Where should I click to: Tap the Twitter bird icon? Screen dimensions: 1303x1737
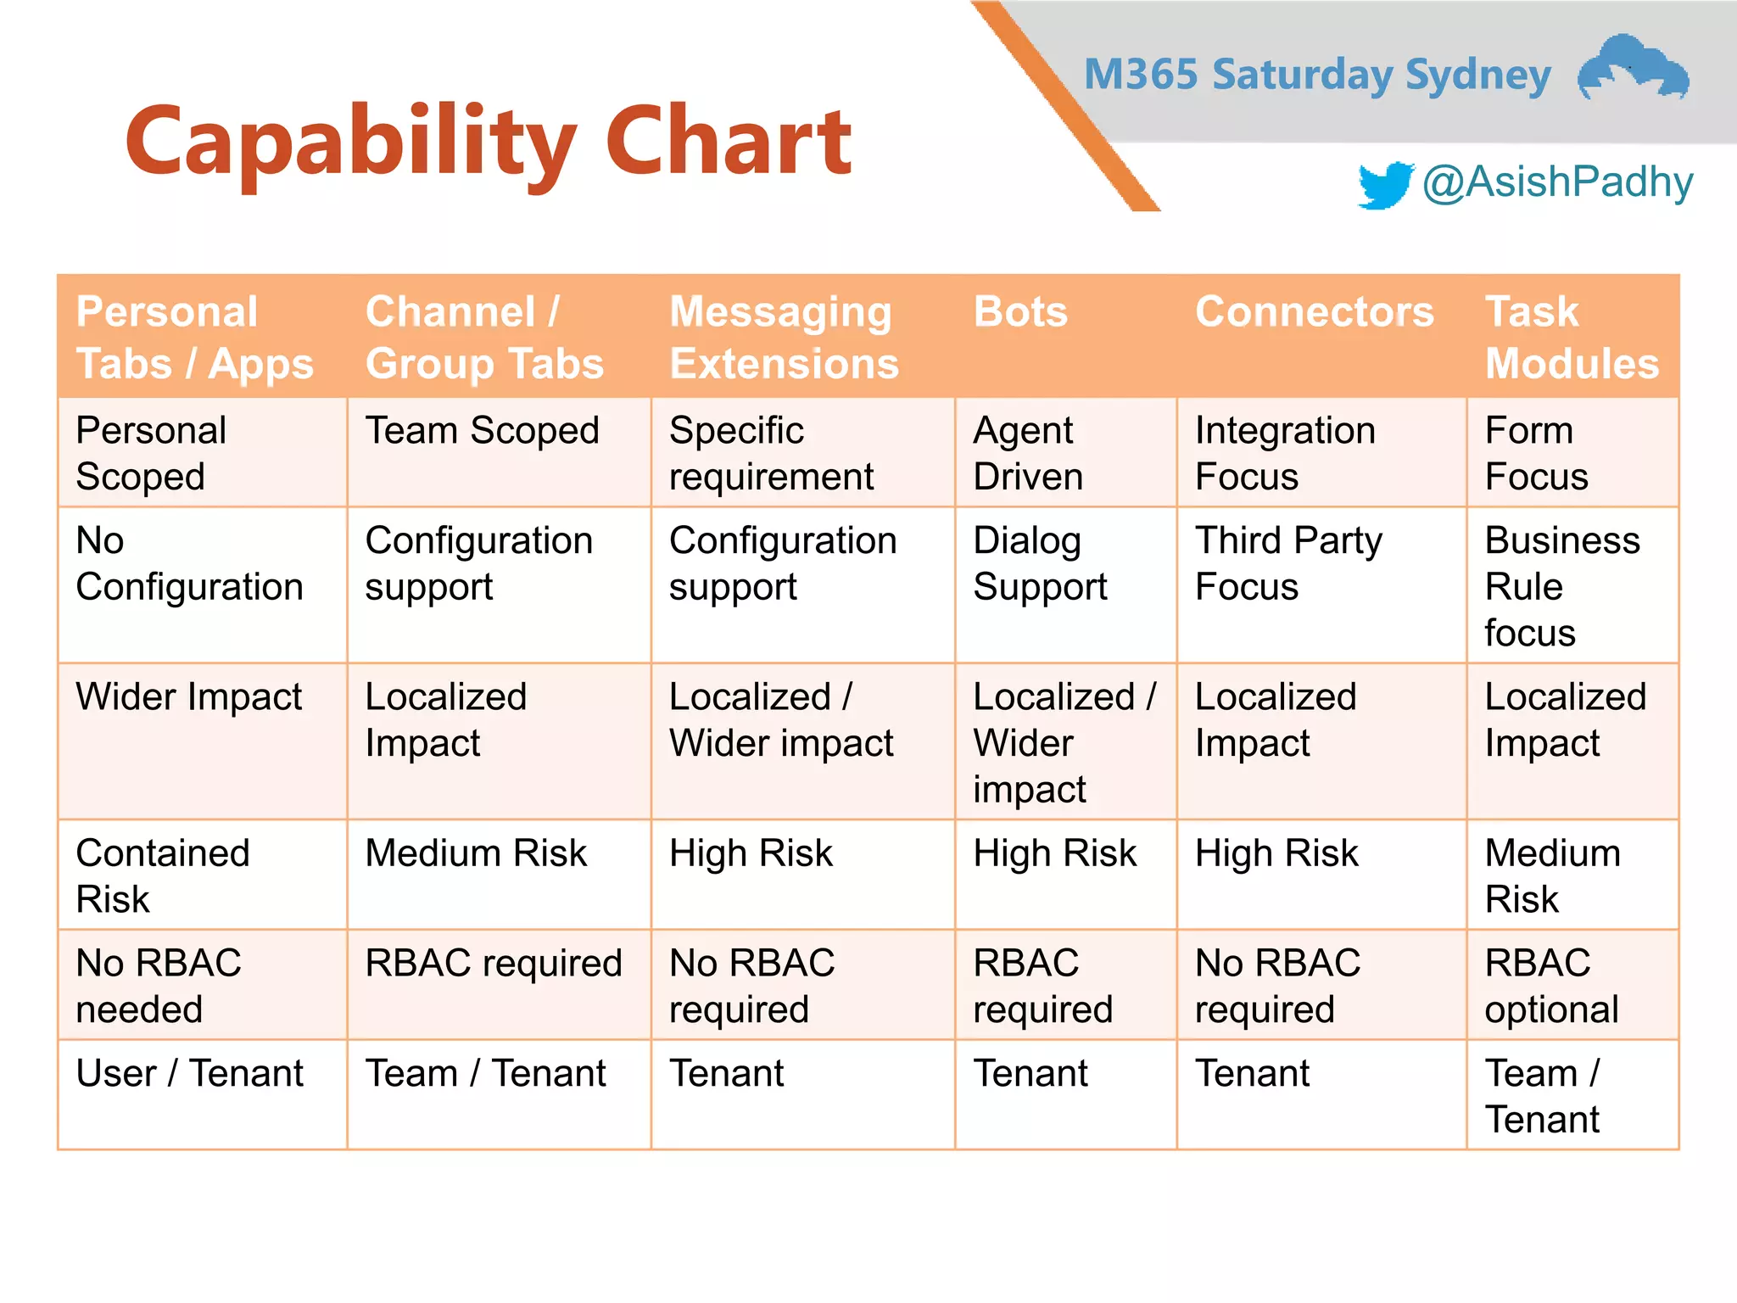tap(1384, 184)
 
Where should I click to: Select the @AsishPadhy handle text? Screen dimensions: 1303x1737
tap(1557, 182)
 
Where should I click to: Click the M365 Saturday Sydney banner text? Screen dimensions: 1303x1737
tap(1317, 75)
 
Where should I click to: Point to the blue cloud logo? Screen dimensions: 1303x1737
tap(1633, 68)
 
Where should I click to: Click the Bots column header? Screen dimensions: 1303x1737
tap(1020, 311)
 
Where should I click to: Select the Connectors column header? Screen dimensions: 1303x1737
tap(1314, 311)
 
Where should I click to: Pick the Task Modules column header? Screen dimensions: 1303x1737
tap(1571, 337)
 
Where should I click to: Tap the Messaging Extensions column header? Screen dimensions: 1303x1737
tap(783, 337)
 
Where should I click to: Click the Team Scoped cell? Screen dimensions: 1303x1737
tap(482, 430)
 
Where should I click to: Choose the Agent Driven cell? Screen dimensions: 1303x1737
tap(1027, 453)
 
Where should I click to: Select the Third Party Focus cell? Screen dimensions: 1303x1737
tap(1287, 563)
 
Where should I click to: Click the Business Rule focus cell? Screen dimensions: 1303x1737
tap(1561, 586)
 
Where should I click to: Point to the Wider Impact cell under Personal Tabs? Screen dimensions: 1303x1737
tap(188, 696)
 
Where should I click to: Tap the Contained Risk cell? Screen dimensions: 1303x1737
tap(162, 875)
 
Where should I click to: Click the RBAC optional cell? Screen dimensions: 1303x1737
tap(1551, 986)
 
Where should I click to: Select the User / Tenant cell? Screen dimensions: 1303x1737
tap(189, 1073)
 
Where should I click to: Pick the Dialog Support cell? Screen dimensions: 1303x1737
tap(1039, 563)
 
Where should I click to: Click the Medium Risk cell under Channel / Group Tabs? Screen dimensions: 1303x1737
tap(475, 853)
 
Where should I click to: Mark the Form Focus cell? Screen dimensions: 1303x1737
tap(1535, 453)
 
